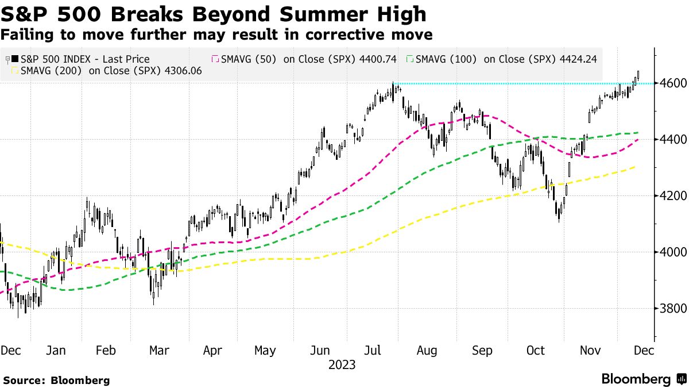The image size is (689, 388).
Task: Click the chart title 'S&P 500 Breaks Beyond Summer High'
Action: point(214,13)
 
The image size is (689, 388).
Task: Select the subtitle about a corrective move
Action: point(216,34)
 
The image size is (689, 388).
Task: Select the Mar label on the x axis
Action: point(158,351)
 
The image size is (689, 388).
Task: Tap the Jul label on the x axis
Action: point(373,351)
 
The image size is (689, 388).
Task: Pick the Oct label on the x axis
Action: point(535,351)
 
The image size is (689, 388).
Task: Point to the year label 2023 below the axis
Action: point(342,365)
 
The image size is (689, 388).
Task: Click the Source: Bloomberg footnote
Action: point(56,380)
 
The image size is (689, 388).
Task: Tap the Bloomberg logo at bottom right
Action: point(643,379)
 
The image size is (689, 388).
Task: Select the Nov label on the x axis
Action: point(589,351)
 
